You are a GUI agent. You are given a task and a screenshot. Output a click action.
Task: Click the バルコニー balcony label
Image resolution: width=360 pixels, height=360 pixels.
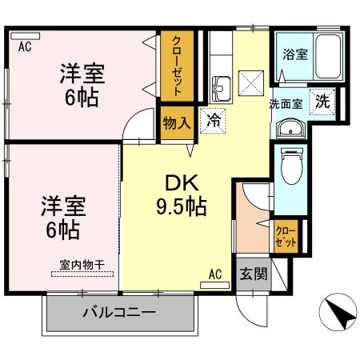click(x=118, y=313)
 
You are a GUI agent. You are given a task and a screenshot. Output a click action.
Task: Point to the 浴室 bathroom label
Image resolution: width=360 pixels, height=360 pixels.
click(x=295, y=55)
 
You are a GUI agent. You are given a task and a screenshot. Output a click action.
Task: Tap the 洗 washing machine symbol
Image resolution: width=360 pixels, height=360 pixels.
click(x=322, y=102)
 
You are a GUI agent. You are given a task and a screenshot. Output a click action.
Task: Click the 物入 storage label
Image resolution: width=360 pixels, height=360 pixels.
click(x=176, y=123)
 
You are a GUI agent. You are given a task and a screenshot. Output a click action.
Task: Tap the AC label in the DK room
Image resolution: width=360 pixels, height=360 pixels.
click(x=214, y=274)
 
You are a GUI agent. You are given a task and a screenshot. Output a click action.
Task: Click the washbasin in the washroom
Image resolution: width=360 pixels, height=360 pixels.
click(x=289, y=130)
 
